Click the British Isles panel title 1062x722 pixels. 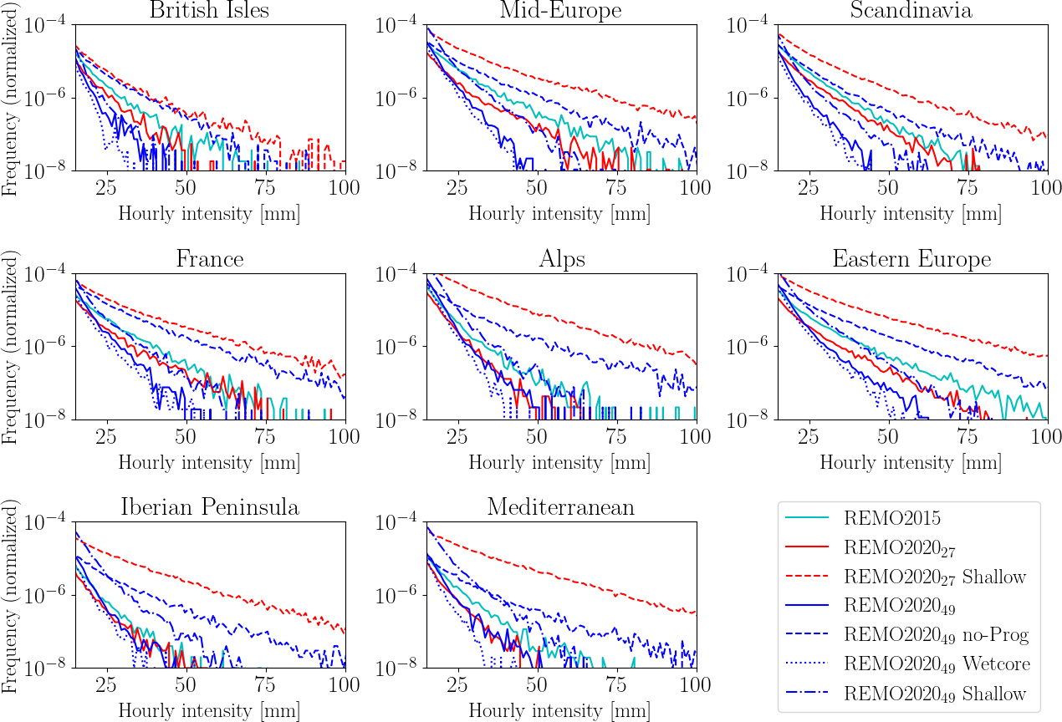210,11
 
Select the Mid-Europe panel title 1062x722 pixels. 560,11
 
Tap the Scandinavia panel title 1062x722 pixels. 911,11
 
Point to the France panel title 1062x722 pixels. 210,259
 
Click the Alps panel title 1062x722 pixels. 560,259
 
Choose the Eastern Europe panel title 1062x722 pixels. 911,259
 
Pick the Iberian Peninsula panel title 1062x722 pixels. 210,507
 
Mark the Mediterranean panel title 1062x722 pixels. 560,507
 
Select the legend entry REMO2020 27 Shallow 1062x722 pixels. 935,577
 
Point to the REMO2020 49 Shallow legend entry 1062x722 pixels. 935,694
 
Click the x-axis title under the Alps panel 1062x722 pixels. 560,462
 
